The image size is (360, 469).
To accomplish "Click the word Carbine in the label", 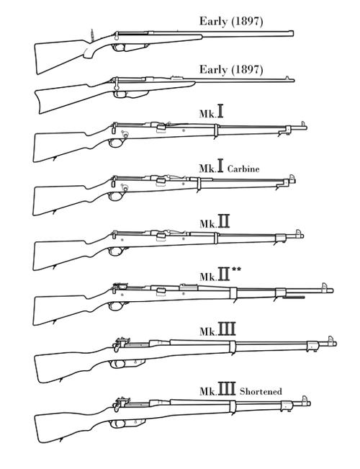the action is [243, 169].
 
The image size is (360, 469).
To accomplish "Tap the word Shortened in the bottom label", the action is [261, 391].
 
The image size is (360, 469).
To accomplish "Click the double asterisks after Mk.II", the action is [236, 269].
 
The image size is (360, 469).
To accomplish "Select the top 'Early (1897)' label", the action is [231, 22].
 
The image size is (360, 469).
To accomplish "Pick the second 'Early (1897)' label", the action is [231, 70].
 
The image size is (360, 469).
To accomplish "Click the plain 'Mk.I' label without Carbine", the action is [211, 111].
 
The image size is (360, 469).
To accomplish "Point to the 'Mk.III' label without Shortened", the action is [217, 329].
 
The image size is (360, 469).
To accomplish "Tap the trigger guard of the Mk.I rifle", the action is [116, 143].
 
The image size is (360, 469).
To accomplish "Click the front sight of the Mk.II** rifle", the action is [324, 286].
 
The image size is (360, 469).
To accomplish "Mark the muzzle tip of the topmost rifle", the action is [293, 33].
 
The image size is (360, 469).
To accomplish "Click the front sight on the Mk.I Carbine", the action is [292, 178].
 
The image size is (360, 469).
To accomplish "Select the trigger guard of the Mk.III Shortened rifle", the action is [117, 424].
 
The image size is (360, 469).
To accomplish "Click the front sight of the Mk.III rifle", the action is [331, 340].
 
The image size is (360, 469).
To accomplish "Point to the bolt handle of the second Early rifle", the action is [117, 84].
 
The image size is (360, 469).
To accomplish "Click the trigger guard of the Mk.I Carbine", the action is [116, 196].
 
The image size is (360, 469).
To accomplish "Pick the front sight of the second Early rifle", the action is [288, 78].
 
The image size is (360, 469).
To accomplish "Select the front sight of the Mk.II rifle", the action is [298, 233].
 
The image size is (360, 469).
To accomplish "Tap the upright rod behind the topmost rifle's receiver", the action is [92, 35].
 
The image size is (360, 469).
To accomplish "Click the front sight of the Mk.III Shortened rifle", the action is [305, 400].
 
